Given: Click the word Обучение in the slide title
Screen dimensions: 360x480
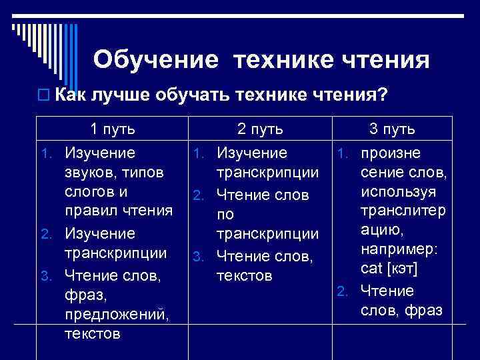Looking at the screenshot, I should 155,60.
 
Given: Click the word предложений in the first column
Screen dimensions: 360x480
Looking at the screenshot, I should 117,313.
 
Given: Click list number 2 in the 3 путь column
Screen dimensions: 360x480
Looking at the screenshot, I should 341,292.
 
